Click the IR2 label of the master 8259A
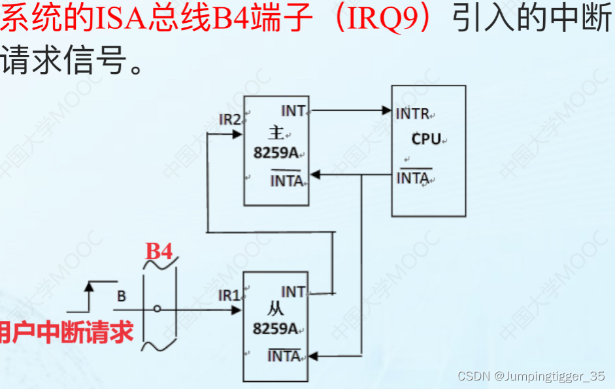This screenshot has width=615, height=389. pyautogui.click(x=230, y=120)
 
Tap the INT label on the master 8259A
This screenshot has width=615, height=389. pyautogui.click(x=293, y=111)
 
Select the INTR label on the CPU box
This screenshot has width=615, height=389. pyautogui.click(x=413, y=114)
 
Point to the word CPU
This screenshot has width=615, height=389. pyautogui.click(x=426, y=139)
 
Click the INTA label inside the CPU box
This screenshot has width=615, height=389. pyautogui.click(x=412, y=177)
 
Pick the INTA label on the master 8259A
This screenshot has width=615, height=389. pyautogui.click(x=286, y=180)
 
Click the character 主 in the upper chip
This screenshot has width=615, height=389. pyautogui.click(x=276, y=133)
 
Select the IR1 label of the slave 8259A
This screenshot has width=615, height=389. pyautogui.click(x=229, y=296)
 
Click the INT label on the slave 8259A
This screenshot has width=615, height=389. pyautogui.click(x=293, y=292)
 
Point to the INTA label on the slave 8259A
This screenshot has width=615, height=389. pyautogui.click(x=284, y=356)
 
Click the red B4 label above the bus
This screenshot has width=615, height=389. pyautogui.click(x=159, y=251)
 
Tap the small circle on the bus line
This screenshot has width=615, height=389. pyautogui.click(x=157, y=309)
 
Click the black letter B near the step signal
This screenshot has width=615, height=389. pyautogui.click(x=122, y=296)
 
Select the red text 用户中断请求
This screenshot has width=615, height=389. pyautogui.click(x=66, y=331)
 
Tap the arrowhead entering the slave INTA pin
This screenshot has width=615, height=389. pyautogui.click(x=314, y=356)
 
